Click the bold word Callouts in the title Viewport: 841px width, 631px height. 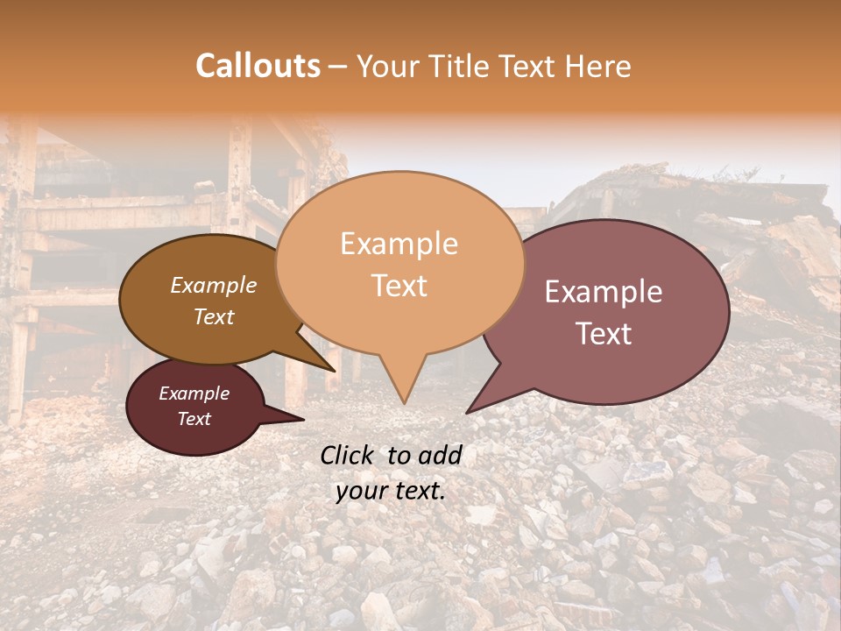258,66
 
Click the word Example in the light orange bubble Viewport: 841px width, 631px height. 399,244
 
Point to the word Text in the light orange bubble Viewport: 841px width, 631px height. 399,286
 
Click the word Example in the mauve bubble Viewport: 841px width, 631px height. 604,292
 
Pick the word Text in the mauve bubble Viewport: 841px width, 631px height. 604,334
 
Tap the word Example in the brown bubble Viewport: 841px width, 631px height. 213,285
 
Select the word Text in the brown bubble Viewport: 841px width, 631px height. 213,316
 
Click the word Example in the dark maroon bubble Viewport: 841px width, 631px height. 194,393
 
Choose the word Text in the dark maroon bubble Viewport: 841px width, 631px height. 194,419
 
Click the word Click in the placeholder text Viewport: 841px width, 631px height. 349,455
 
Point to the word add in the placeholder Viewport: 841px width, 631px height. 441,455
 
